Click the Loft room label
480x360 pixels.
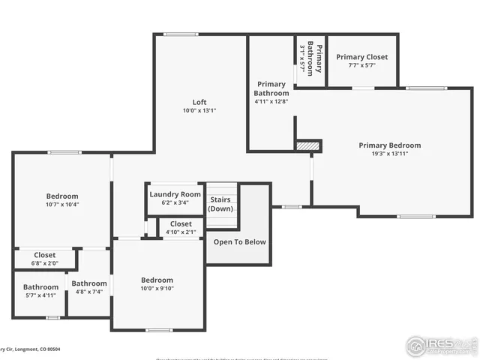pos(199,102)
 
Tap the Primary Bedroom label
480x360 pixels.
pos(389,145)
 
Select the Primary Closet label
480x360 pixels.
pos(361,57)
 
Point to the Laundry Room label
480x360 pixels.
pos(175,194)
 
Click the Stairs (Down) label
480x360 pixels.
pos(220,204)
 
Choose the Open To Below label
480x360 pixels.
pos(239,241)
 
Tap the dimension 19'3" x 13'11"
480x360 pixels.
pos(389,154)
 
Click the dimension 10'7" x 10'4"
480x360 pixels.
pos(62,204)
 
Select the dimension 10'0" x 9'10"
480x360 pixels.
pos(157,289)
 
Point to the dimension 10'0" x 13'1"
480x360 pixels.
pos(199,111)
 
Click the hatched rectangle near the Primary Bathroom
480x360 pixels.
pos(308,145)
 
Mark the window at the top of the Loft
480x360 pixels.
pos(176,34)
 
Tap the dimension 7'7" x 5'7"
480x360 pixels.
pos(361,65)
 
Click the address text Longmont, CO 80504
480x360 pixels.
pos(37,349)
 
